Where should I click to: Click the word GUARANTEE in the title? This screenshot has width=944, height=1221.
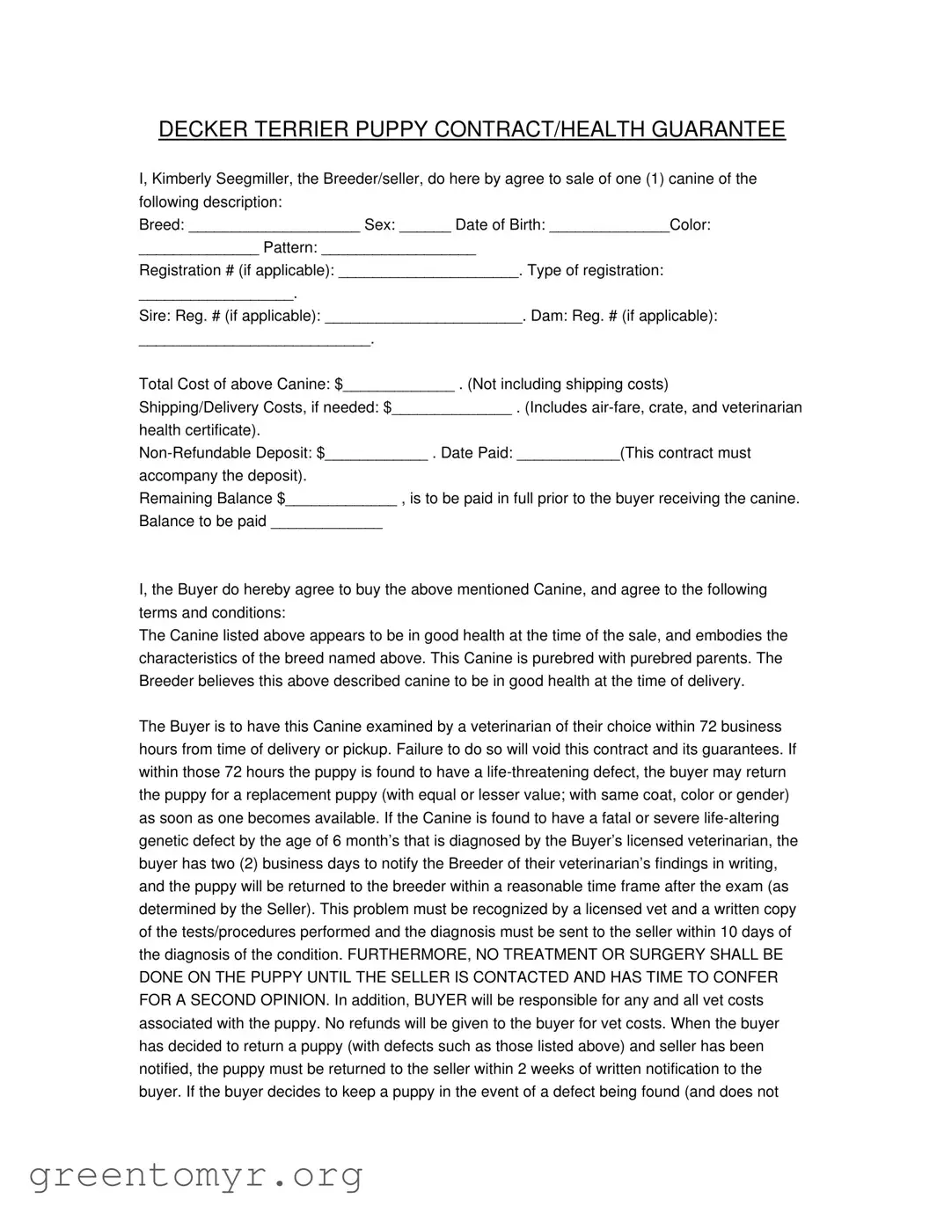point(718,129)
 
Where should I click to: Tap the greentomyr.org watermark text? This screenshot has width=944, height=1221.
point(196,1174)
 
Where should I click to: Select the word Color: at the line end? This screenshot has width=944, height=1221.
point(691,224)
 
